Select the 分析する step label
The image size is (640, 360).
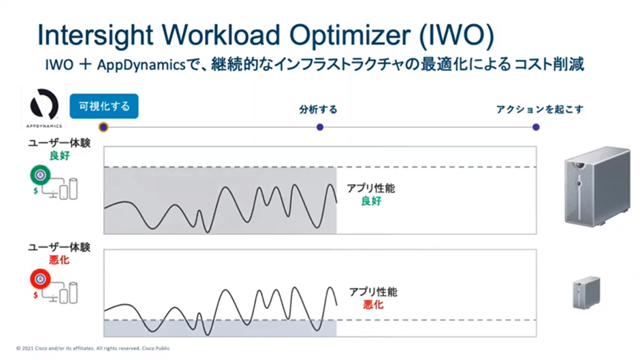[x=319, y=110]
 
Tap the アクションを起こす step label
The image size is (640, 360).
[x=540, y=110]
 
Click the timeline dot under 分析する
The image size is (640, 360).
[x=320, y=127]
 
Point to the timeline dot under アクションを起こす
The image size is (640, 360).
[x=536, y=127]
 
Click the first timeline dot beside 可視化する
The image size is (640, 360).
[x=103, y=127]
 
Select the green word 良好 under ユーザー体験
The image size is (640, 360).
[x=60, y=156]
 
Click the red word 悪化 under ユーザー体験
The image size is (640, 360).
[x=60, y=260]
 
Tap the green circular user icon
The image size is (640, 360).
[x=40, y=175]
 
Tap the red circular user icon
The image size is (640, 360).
[x=40, y=279]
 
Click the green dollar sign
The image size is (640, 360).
[x=36, y=191]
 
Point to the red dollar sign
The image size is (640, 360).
[x=36, y=295]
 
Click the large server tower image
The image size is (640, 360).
[x=597, y=186]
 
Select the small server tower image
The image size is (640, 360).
[x=586, y=293]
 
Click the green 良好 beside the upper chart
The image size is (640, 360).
[x=372, y=201]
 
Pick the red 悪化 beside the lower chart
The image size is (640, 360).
[x=374, y=304]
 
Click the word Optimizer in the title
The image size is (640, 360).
[x=351, y=35]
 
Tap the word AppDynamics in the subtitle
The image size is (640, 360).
[x=141, y=65]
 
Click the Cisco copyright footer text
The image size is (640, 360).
[x=93, y=348]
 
